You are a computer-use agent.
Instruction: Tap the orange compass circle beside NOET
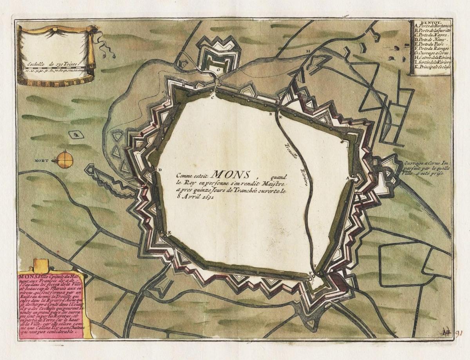(65, 159)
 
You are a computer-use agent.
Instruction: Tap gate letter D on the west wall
(159, 169)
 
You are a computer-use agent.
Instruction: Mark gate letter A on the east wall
(347, 177)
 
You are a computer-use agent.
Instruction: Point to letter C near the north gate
(213, 98)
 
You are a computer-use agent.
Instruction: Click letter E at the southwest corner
(170, 232)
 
